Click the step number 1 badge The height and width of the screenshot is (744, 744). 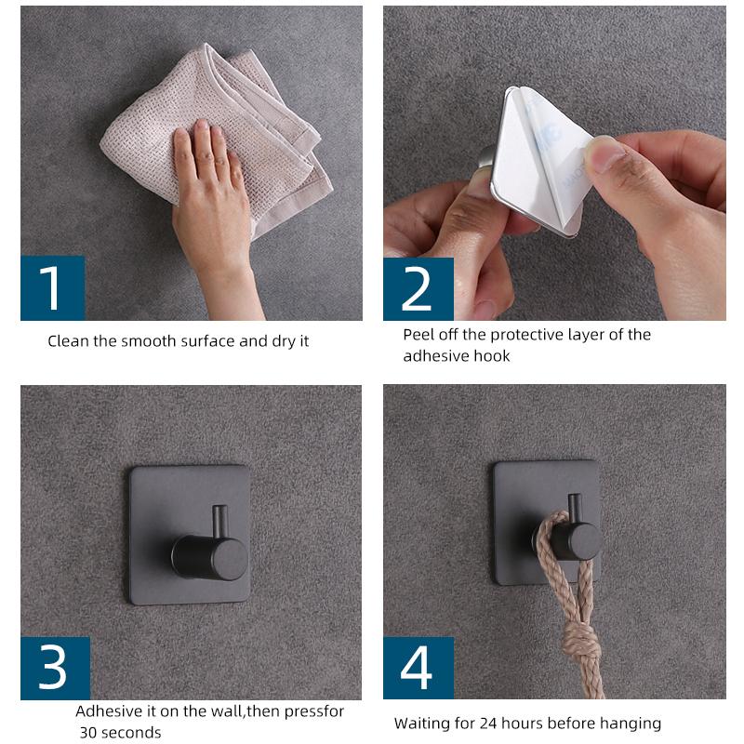pyautogui.click(x=52, y=288)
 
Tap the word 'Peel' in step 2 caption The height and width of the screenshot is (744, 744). pyautogui.click(x=418, y=335)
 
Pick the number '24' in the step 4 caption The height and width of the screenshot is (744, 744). pyautogui.click(x=488, y=724)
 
